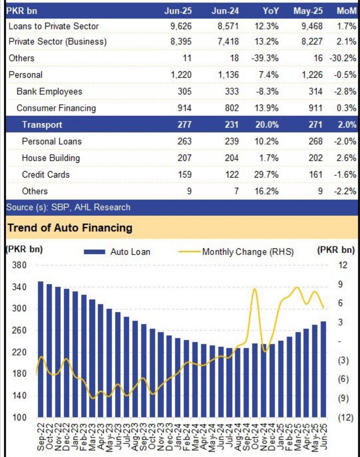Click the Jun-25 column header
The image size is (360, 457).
point(178,11)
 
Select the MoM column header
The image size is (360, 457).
point(346,11)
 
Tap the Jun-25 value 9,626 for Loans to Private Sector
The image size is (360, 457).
point(181,26)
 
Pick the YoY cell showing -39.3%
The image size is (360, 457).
point(265,58)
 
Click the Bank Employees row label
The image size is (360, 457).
point(49,91)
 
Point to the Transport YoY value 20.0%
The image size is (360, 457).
point(267,125)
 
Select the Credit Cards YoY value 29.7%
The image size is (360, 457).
point(266,175)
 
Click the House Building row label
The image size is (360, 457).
point(51,158)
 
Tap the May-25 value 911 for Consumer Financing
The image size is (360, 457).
point(316,108)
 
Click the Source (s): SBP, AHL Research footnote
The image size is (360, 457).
point(68,207)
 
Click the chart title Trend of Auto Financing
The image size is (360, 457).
point(70,228)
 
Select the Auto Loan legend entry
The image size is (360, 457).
point(117,252)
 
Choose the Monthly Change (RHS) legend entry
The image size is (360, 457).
point(236,252)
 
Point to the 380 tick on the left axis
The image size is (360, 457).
point(19,265)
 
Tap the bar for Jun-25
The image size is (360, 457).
point(323,369)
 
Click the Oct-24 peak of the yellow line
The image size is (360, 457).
point(255,289)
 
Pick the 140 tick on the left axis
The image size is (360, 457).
point(19,396)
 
